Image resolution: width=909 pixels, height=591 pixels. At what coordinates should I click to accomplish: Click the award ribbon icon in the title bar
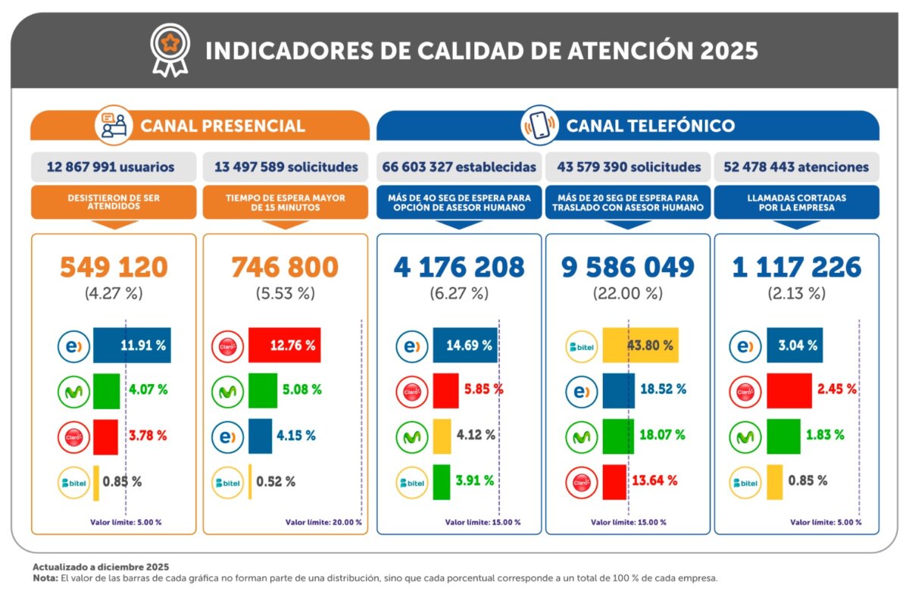click(x=169, y=50)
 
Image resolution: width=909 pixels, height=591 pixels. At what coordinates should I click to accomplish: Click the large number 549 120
click(x=114, y=267)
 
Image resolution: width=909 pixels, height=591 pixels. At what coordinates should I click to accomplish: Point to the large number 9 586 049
click(x=627, y=267)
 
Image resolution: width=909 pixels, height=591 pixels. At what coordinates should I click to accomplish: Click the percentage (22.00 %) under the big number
click(x=627, y=293)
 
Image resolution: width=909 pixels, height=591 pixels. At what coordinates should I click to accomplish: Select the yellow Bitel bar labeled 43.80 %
click(x=640, y=346)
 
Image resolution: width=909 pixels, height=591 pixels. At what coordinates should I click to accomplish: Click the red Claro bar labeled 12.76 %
click(x=284, y=346)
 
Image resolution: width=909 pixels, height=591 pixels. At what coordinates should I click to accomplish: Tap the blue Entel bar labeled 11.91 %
click(x=132, y=346)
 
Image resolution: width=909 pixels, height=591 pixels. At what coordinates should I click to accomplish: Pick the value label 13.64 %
click(x=652, y=480)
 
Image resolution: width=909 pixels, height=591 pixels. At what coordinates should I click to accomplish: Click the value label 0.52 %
click(x=276, y=481)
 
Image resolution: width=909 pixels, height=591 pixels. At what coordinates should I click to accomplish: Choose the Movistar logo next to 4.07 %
click(x=74, y=391)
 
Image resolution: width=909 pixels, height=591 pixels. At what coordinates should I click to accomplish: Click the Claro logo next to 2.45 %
click(x=746, y=391)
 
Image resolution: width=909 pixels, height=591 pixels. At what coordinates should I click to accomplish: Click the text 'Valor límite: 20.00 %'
click(x=323, y=522)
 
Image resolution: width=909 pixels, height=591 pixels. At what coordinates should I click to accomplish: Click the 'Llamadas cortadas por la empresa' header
click(x=796, y=202)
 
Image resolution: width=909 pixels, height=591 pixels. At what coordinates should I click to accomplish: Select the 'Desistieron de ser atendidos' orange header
click(x=114, y=202)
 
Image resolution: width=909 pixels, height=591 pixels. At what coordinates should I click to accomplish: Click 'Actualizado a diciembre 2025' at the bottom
click(x=101, y=567)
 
